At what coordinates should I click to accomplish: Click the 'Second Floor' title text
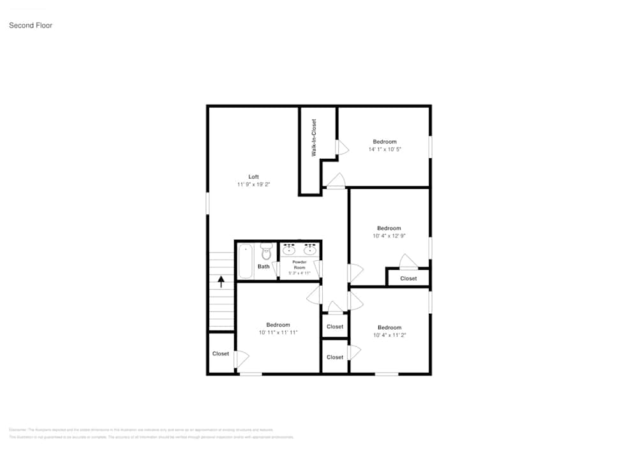[x=31, y=26]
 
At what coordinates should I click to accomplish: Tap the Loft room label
[x=253, y=177]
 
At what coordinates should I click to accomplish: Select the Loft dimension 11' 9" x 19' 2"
[x=253, y=184]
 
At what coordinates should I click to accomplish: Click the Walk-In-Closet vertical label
[x=314, y=138]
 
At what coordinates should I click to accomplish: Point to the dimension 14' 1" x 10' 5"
[x=385, y=149]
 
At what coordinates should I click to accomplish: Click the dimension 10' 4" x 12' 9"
[x=389, y=236]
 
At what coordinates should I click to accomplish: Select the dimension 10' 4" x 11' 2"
[x=389, y=335]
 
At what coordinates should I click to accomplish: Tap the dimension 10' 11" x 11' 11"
[x=278, y=332]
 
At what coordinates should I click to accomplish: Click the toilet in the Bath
[x=267, y=253]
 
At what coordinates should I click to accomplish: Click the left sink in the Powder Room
[x=288, y=249]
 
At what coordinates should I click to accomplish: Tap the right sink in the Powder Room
[x=311, y=249]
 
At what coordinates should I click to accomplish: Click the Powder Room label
[x=300, y=265]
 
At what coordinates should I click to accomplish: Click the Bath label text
[x=263, y=267]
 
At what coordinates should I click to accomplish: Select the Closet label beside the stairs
[x=221, y=353]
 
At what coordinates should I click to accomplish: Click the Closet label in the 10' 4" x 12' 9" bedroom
[x=408, y=278]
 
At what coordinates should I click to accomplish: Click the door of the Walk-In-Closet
[x=341, y=148]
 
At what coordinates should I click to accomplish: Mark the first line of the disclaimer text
[x=141, y=430]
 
